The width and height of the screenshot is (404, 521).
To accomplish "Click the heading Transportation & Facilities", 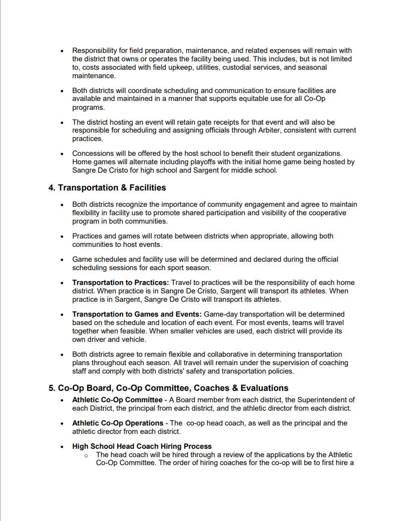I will (x=112, y=188).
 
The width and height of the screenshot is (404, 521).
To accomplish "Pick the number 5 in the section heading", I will (x=51, y=388).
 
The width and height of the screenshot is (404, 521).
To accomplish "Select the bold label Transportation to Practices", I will (x=121, y=283).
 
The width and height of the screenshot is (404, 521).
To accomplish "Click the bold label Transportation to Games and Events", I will (x=137, y=314).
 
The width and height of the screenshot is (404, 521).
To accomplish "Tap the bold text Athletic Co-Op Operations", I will (x=118, y=423).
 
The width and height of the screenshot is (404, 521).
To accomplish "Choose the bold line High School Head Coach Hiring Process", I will (x=142, y=446).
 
